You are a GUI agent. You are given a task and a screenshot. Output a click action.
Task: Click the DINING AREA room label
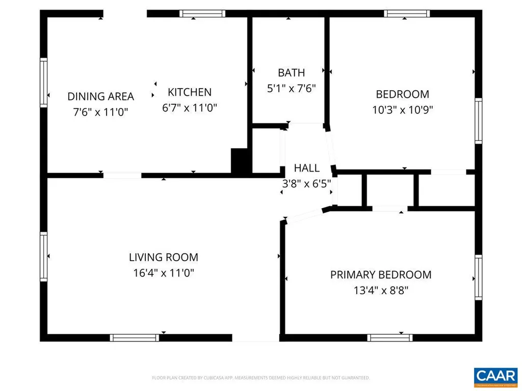[101, 96]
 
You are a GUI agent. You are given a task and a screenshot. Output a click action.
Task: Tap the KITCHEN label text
[190, 92]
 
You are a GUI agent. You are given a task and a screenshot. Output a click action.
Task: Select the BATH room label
[292, 72]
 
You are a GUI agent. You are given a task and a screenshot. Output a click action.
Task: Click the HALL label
[307, 168]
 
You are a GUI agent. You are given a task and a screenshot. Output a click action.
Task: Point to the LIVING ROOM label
[163, 257]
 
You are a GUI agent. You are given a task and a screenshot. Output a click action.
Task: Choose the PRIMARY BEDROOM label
[381, 275]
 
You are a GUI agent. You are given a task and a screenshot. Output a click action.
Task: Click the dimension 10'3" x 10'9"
[402, 109]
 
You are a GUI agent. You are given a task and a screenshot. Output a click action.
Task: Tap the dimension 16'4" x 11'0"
[163, 273]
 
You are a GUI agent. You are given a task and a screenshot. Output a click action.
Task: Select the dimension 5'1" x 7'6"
[292, 88]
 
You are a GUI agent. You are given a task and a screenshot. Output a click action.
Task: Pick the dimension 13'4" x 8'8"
[381, 291]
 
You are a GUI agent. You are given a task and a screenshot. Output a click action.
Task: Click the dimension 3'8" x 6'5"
[307, 183]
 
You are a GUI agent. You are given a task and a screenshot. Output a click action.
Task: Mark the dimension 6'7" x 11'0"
[190, 108]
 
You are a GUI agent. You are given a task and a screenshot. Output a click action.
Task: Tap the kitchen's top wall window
[202, 14]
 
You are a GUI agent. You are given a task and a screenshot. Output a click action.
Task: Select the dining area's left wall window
[44, 82]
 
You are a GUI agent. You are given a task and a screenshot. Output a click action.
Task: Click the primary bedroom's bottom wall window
[390, 337]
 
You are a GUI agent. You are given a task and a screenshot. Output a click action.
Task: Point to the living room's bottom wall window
[135, 337]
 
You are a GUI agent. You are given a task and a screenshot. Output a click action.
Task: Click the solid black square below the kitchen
[239, 161]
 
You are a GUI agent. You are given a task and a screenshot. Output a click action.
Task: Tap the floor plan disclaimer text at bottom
[260, 378]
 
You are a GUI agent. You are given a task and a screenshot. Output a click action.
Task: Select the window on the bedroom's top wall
[407, 14]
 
